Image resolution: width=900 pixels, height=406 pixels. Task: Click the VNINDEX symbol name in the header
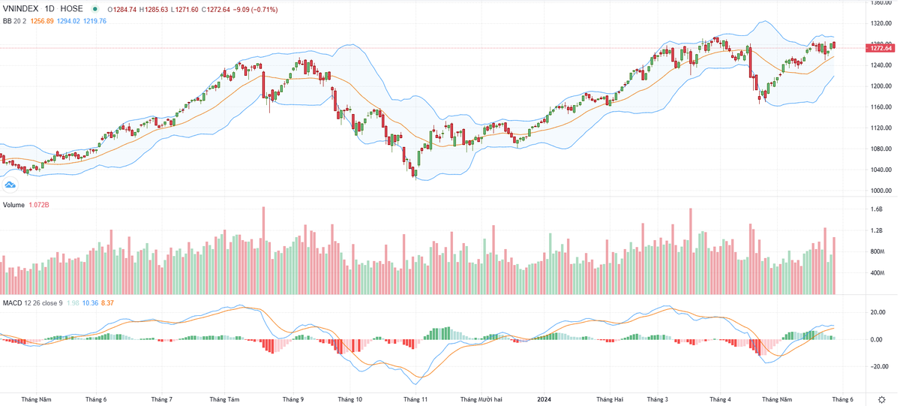click(21, 9)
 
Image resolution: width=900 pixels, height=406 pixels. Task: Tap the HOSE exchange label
click(71, 9)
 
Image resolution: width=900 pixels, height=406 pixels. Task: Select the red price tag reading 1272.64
click(879, 48)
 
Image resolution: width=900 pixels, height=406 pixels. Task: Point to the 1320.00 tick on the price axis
click(880, 23)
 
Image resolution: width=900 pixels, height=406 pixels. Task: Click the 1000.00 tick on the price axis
click(880, 191)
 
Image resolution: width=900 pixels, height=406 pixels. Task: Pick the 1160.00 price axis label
click(880, 107)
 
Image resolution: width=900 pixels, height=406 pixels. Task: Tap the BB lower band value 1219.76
click(94, 21)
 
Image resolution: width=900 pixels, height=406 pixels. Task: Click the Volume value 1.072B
click(40, 205)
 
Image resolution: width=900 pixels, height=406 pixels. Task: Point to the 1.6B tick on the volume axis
click(877, 210)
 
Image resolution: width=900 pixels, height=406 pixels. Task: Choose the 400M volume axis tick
click(878, 273)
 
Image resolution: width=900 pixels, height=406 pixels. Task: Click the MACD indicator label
click(12, 302)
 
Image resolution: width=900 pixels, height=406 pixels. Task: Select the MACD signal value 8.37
click(107, 302)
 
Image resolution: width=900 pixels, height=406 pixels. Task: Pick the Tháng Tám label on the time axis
click(224, 400)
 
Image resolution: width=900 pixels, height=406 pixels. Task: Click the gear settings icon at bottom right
click(881, 399)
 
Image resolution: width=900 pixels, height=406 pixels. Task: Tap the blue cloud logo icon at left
click(10, 185)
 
